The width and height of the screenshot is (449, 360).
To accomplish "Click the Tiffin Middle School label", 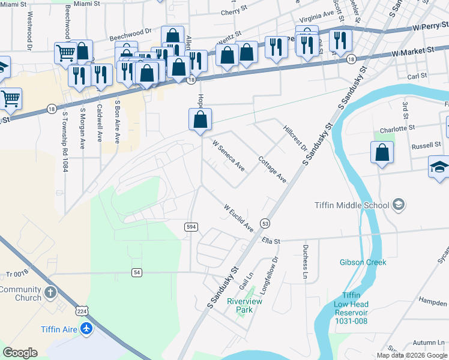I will point(352,205).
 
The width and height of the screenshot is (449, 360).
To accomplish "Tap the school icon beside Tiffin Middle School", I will point(398,205).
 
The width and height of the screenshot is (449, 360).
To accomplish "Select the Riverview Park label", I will point(244,305).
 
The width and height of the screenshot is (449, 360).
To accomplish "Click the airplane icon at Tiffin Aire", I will point(87,329).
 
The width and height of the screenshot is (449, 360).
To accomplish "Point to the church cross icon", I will point(50,293).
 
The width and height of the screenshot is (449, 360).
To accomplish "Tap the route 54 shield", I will point(137,272).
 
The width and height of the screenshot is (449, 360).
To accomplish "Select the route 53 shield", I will point(265,223).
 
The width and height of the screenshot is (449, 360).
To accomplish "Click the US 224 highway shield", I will point(82,310).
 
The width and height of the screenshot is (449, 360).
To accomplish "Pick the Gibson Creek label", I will point(363,262).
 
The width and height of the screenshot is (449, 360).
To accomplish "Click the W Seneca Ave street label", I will point(229,155).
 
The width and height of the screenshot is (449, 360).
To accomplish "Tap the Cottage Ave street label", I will point(272,170).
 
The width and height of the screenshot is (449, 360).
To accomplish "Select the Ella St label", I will point(271,241).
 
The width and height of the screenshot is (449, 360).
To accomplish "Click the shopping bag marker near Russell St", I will point(382,154).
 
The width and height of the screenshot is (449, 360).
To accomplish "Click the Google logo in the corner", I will point(20,353).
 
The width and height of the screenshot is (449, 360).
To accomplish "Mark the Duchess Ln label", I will point(305,266).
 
